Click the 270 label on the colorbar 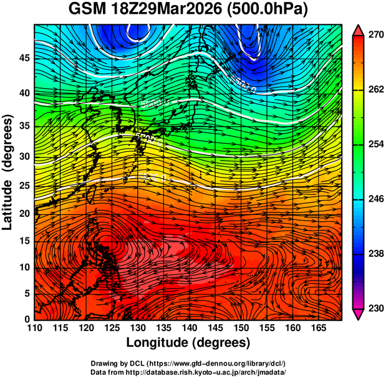point(374,36)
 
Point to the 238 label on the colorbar point(374,254)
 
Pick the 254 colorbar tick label point(374,144)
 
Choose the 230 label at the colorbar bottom point(374,308)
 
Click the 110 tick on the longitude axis point(34,328)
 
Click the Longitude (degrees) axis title point(188,342)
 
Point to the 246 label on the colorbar point(374,199)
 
